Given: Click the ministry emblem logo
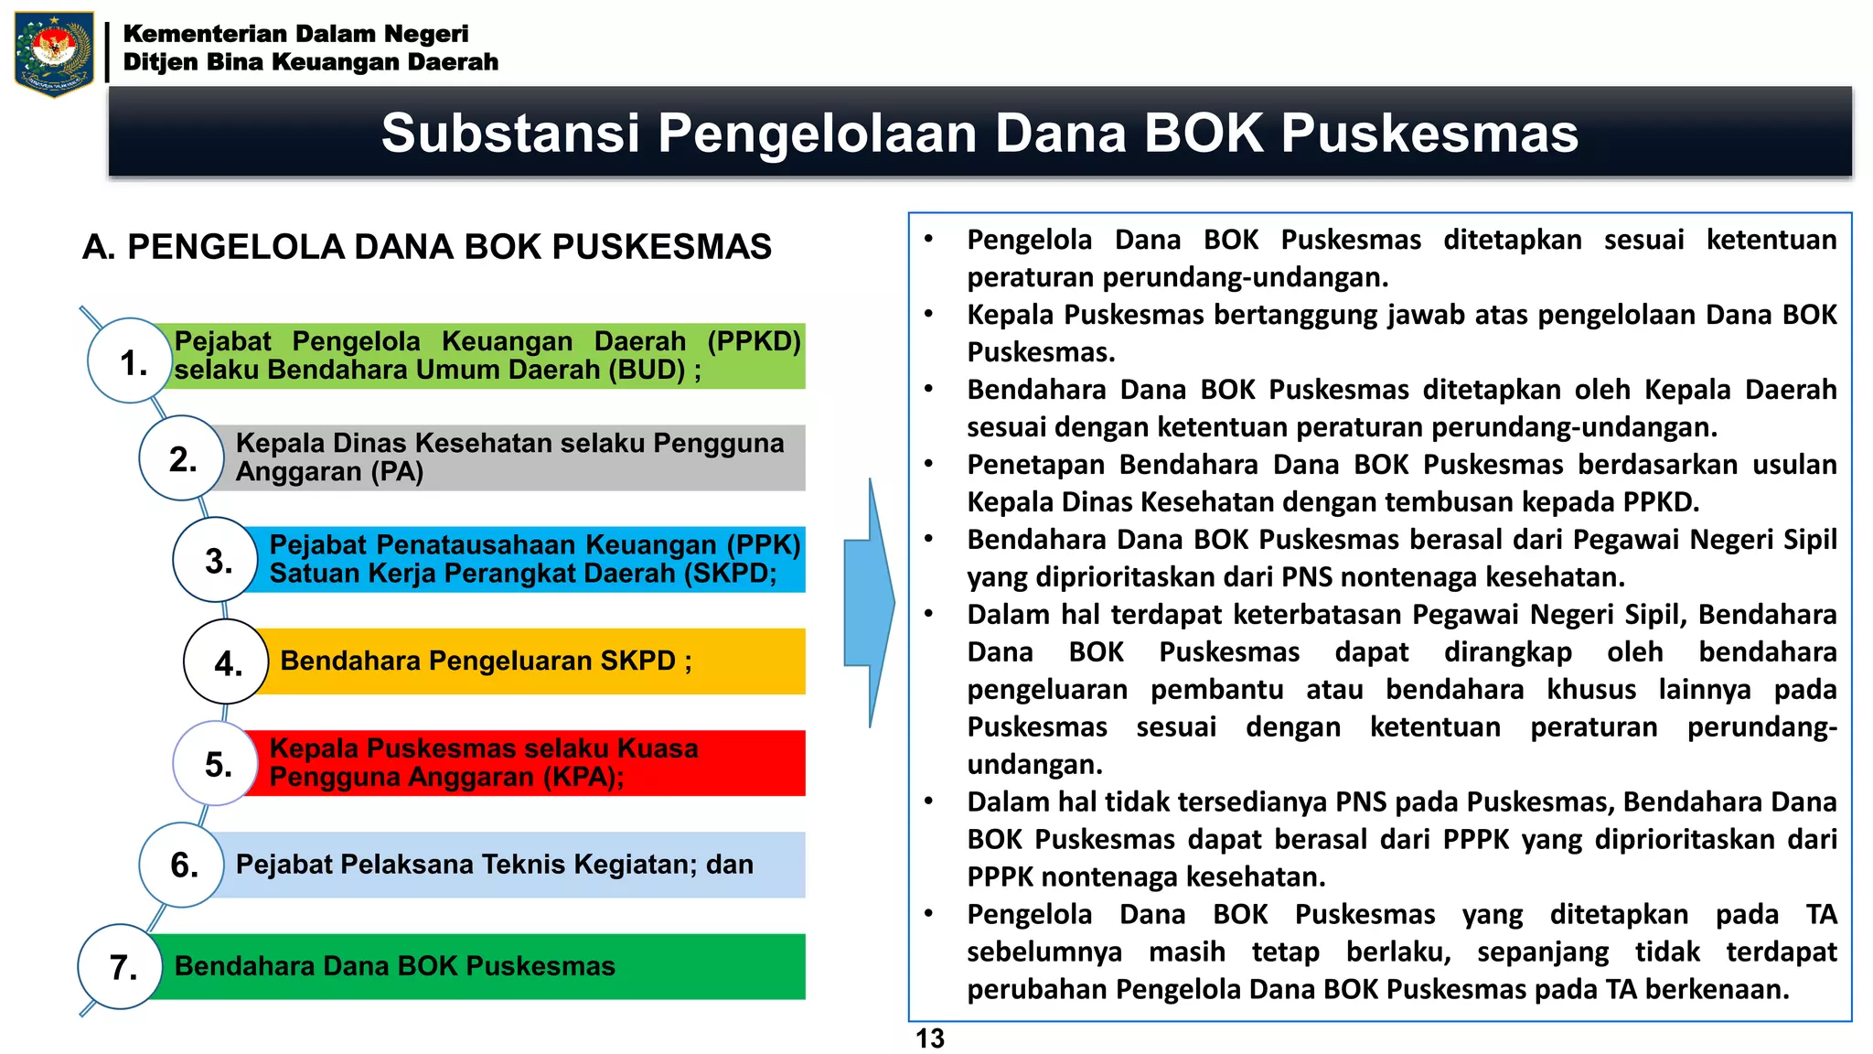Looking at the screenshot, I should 54,53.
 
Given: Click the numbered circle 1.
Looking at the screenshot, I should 130,360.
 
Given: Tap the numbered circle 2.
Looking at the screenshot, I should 181,457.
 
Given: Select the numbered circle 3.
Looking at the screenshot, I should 216,560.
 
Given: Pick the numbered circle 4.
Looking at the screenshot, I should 226,661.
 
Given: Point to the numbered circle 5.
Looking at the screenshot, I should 216,763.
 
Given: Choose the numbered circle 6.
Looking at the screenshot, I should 181,865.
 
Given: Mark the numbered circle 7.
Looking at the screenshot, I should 121,966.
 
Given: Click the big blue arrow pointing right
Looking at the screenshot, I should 868,603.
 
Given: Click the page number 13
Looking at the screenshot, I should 930,1038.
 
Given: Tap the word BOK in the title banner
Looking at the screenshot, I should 1204,134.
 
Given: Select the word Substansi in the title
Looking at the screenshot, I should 510,134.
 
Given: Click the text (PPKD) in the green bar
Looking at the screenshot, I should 754,341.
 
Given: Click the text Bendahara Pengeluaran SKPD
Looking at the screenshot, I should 477,661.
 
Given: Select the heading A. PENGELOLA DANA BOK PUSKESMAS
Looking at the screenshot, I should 426,247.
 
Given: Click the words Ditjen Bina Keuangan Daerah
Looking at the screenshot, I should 311,62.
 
